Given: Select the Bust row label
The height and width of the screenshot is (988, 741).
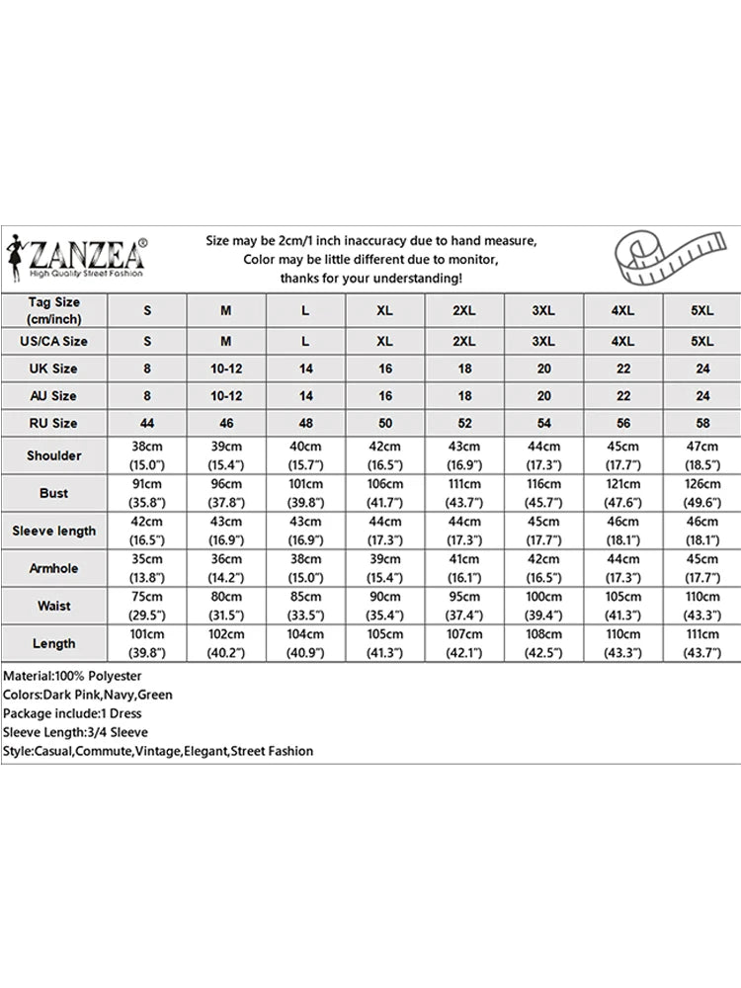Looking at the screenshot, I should tap(53, 493).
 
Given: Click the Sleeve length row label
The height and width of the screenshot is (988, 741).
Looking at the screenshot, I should tap(53, 531).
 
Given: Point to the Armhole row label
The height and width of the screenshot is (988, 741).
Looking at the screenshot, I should tap(53, 568).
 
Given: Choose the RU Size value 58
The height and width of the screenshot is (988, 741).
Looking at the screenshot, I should tap(701, 423).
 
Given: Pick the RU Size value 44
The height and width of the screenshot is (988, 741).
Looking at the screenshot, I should tap(147, 423).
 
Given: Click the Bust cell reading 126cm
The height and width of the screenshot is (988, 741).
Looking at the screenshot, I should tap(701, 493).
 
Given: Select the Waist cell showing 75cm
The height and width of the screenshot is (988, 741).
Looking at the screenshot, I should tap(147, 606).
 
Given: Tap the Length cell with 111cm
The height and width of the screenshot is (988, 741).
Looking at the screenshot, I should tap(701, 643).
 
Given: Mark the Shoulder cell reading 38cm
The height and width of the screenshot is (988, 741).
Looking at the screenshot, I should tap(147, 455).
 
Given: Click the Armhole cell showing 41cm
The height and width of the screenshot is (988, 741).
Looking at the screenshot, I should tap(464, 568).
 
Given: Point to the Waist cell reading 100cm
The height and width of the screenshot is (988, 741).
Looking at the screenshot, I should tap(543, 606).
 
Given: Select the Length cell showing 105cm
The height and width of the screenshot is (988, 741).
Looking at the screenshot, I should tap(385, 643).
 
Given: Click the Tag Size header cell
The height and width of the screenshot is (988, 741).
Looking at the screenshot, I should tap(53, 310).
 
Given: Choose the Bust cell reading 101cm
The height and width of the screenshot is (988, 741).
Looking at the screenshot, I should tap(305, 493).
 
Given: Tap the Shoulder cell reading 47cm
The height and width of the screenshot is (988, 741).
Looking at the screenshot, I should tap(701, 455).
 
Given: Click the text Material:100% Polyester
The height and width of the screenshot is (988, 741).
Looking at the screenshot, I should tap(72, 676).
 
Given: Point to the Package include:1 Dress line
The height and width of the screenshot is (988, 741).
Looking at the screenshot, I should tap(72, 713).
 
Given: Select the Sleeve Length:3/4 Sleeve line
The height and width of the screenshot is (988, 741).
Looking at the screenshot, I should tap(75, 732).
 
